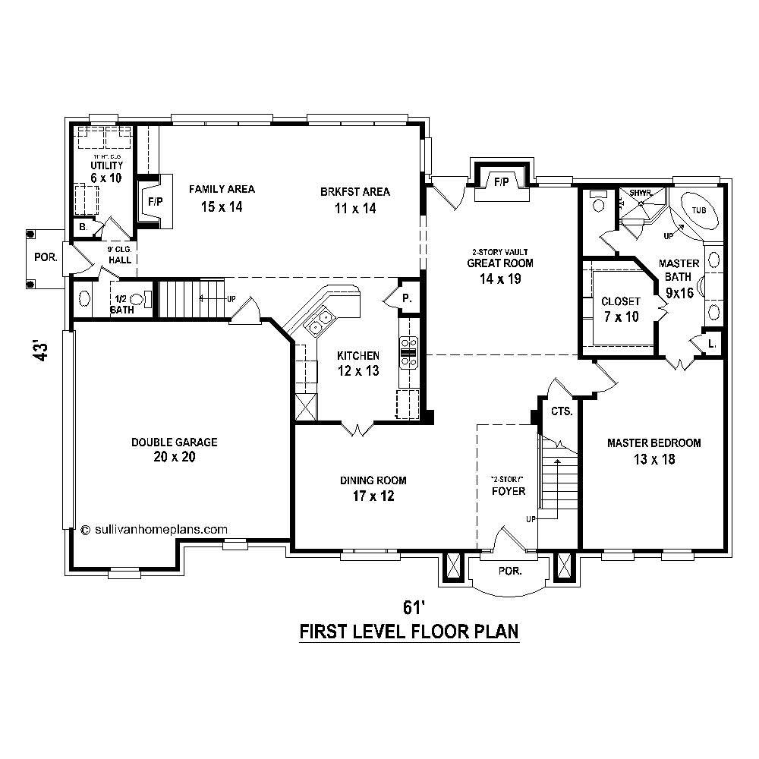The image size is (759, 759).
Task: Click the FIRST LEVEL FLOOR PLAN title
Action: click(x=409, y=631)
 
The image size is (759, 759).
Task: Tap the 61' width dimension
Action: click(x=411, y=607)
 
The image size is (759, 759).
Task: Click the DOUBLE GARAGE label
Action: click(x=174, y=442)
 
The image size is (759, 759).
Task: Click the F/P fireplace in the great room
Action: click(x=501, y=183)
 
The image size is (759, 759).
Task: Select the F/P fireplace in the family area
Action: click(x=155, y=202)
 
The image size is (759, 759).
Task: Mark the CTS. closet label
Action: click(x=562, y=411)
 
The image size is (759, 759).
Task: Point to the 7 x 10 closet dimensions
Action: click(x=621, y=317)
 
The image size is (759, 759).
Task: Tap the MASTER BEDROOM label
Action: click(x=653, y=442)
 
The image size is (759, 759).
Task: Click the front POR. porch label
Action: click(x=510, y=571)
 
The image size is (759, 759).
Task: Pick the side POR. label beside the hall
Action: click(x=46, y=257)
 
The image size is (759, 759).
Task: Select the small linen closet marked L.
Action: click(x=710, y=343)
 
